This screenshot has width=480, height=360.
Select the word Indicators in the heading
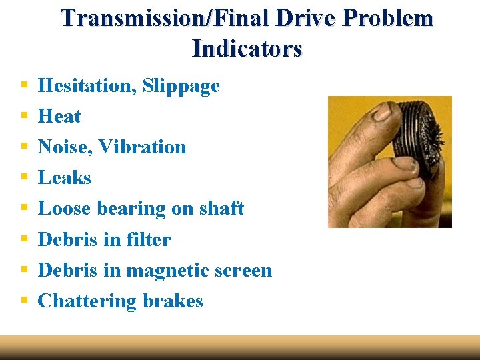click(x=247, y=48)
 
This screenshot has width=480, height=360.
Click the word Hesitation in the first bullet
click(x=87, y=86)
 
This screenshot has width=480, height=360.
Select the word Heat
click(x=59, y=117)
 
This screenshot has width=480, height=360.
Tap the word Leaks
click(x=64, y=178)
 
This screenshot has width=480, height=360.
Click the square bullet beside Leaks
click(x=24, y=178)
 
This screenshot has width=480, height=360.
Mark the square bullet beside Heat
click(x=24, y=117)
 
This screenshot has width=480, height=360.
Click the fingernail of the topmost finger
click(x=381, y=114)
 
